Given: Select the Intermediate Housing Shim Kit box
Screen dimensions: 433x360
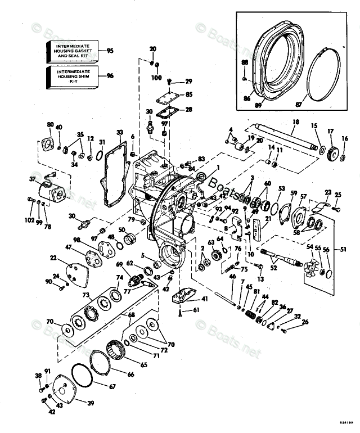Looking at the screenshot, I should (73, 75).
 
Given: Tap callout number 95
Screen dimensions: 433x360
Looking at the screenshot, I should (110, 51).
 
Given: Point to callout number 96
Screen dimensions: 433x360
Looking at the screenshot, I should (110, 75).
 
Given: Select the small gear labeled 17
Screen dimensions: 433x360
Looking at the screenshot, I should (332, 152).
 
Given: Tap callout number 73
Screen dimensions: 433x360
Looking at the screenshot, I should (85, 295).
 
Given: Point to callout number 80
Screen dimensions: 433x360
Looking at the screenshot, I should (49, 124).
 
